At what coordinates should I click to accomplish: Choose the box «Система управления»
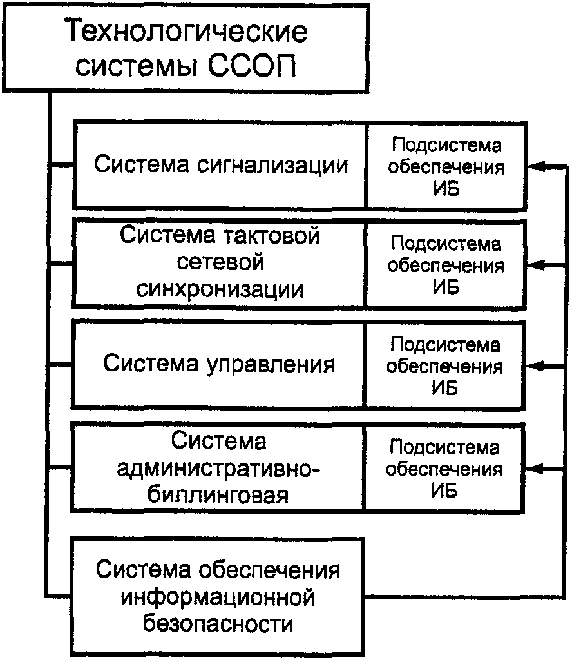click(x=220, y=364)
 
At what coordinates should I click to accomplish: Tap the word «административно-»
click(x=219, y=469)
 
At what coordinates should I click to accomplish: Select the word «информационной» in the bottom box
click(x=220, y=597)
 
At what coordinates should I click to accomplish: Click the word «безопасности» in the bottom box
click(x=220, y=624)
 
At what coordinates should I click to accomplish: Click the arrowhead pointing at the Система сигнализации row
click(x=536, y=167)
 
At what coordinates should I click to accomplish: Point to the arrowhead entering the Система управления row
click(x=536, y=365)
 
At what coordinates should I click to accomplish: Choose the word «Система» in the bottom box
click(x=142, y=570)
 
